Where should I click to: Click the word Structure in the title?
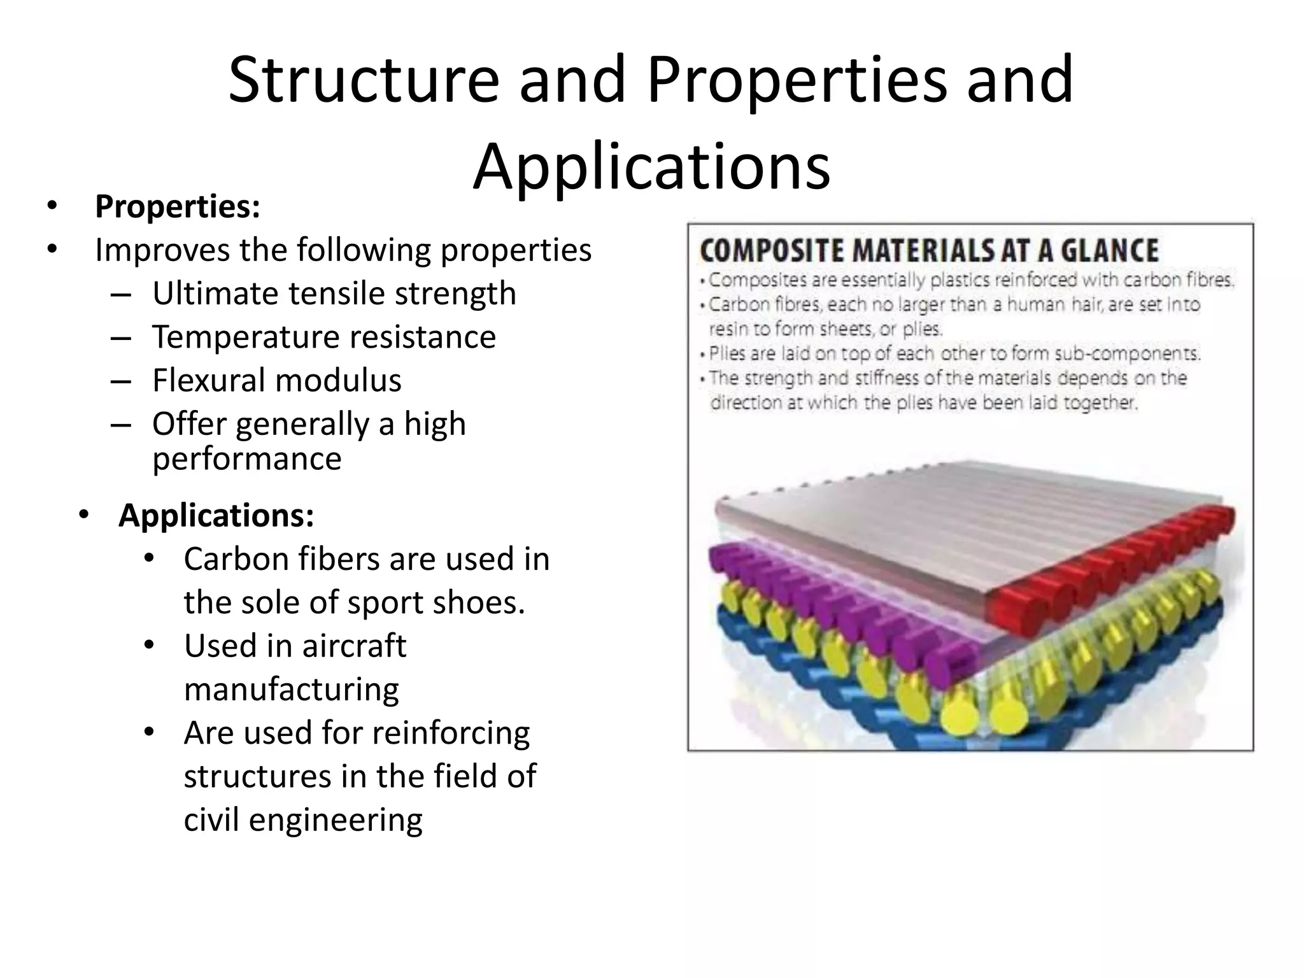pyautogui.click(x=363, y=80)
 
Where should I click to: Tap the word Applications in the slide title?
pyautogui.click(x=651, y=167)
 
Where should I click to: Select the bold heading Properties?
pyautogui.click(x=178, y=206)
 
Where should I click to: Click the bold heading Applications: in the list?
pyautogui.click(x=216, y=515)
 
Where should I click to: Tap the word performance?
pyautogui.click(x=247, y=458)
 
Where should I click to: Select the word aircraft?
pyautogui.click(x=354, y=646)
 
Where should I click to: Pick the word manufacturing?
pyautogui.click(x=292, y=689)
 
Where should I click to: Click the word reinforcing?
pyautogui.click(x=450, y=733)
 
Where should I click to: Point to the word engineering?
pyautogui.click(x=335, y=819)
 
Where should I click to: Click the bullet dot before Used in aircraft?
pyautogui.click(x=149, y=645)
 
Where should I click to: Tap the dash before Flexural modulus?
pyautogui.click(x=120, y=380)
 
